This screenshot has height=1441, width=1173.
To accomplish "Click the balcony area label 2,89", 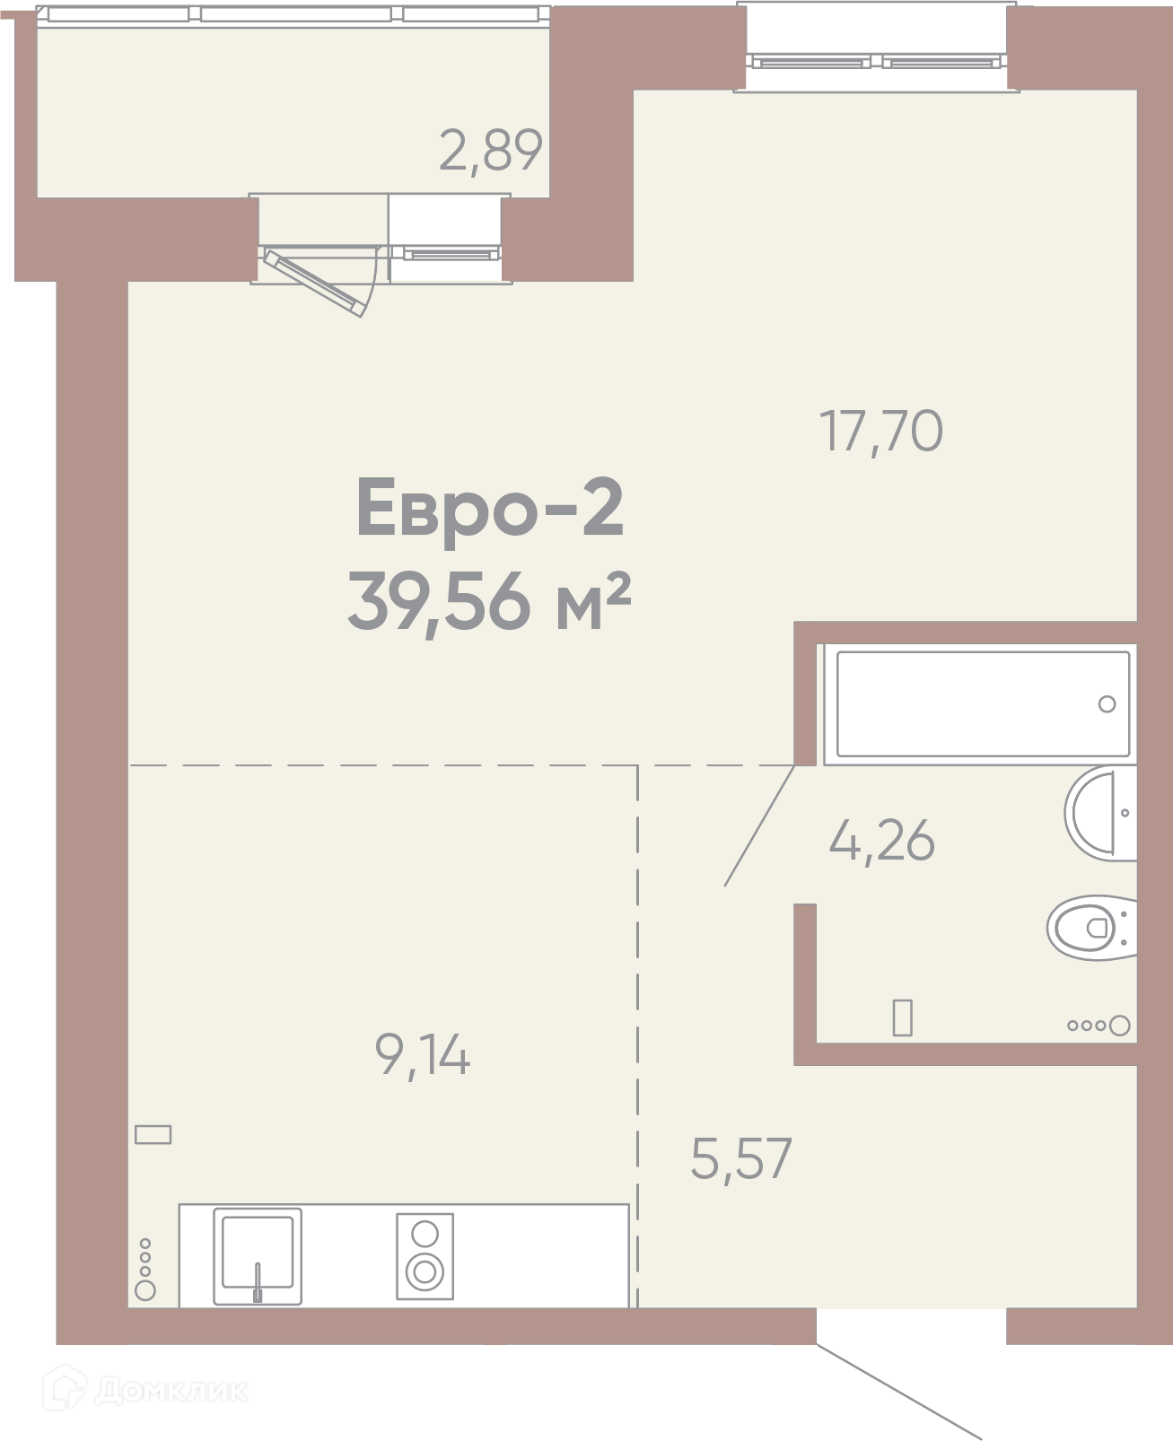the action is click(490, 151).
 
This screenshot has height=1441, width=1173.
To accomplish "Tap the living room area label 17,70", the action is click(880, 432).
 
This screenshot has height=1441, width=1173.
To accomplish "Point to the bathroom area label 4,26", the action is click(881, 841).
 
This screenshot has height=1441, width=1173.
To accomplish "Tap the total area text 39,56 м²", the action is click(489, 602).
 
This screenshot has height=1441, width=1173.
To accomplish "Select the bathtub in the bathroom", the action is click(983, 703).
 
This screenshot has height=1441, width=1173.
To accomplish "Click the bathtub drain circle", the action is click(1107, 704).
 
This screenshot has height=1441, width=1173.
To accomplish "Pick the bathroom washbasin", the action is click(1100, 813).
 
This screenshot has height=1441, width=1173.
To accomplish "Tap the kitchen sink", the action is click(257, 1257).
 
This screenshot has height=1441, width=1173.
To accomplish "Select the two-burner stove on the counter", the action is click(425, 1256).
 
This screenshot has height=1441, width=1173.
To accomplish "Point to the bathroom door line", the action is click(759, 826).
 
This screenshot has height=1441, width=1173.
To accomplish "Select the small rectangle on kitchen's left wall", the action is click(153, 1134).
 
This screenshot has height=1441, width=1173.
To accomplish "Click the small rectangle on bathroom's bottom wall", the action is click(903, 1017).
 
